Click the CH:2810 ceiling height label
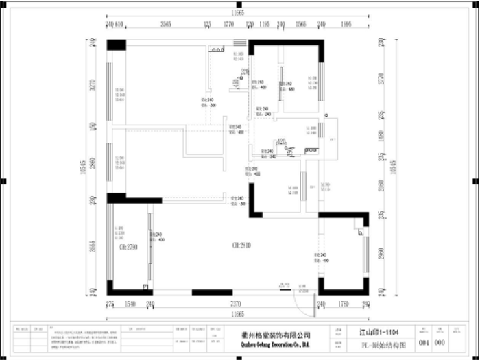click(x=242, y=245)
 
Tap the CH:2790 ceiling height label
click(x=128, y=247)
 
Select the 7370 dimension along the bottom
click(x=235, y=304)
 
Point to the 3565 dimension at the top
click(x=166, y=24)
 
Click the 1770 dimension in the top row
click(x=229, y=24)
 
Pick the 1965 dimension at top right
click(x=346, y=24)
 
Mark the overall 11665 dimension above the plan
click(x=237, y=12)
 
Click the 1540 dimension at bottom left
click(x=130, y=304)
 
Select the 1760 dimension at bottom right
click(x=344, y=304)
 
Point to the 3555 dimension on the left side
click(x=93, y=247)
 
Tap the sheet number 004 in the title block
click(x=424, y=342)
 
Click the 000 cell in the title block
click(x=440, y=342)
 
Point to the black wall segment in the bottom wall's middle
click(x=212, y=292)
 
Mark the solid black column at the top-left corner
click(x=116, y=45)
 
